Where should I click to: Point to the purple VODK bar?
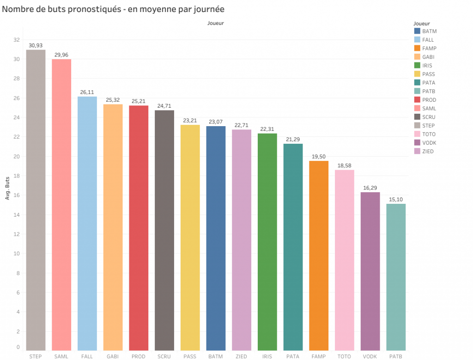pyautogui.click(x=370, y=271)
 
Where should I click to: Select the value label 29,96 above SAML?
pyautogui.click(x=61, y=55)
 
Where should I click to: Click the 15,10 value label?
pyautogui.click(x=396, y=200)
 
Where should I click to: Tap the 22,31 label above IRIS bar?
pyautogui.click(x=267, y=129)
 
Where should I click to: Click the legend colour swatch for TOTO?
pyautogui.click(x=417, y=134)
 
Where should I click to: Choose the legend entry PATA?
pyautogui.click(x=428, y=83)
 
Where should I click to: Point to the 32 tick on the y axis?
pyautogui.click(x=17, y=40)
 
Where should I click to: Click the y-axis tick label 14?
pyautogui.click(x=17, y=215)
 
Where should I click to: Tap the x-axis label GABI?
pyautogui.click(x=113, y=356)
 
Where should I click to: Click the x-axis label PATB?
pyautogui.click(x=396, y=356)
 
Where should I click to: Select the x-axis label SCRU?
pyautogui.click(x=164, y=356)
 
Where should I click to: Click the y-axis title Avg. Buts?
pyautogui.click(x=7, y=189)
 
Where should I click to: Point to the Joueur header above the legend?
pyautogui.click(x=422, y=23)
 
